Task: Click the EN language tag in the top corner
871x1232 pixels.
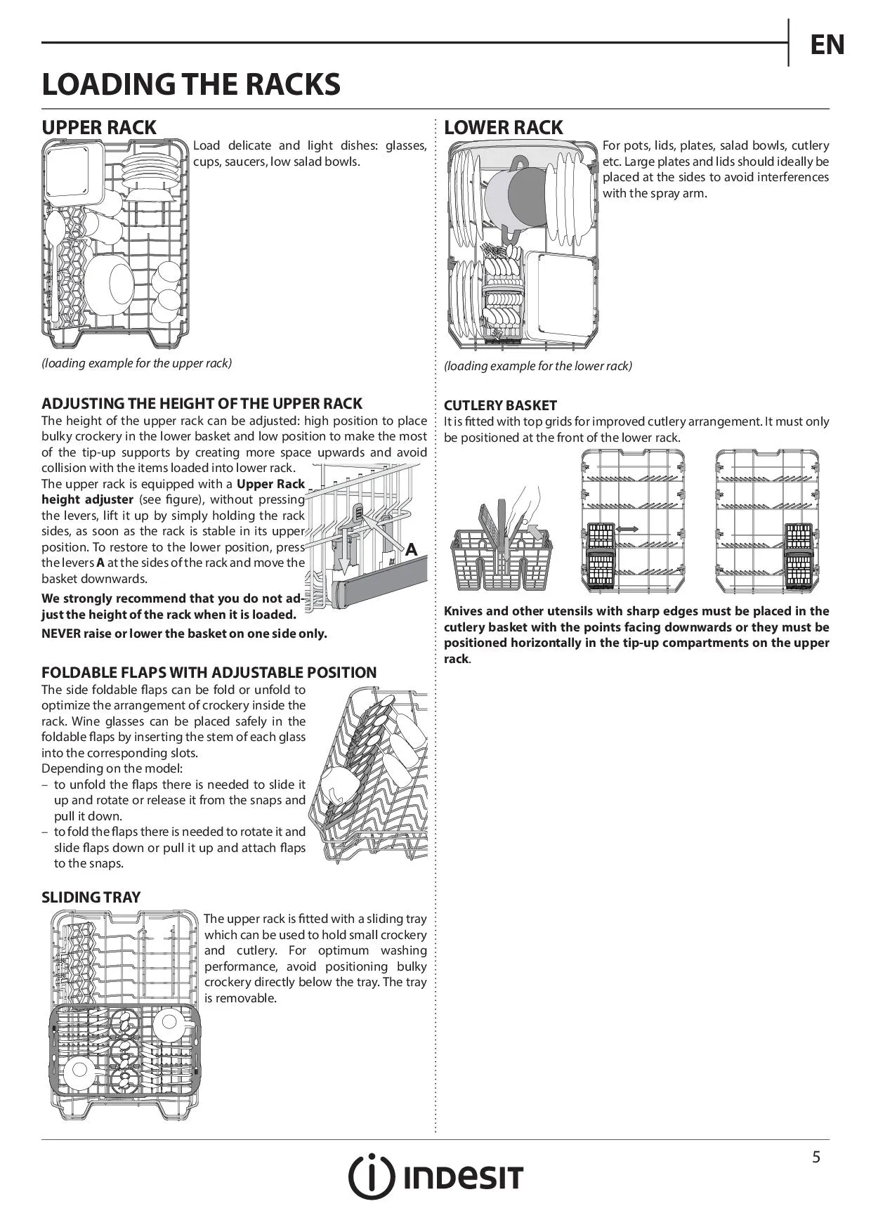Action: (x=827, y=45)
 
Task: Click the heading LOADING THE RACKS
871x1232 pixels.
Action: (x=191, y=85)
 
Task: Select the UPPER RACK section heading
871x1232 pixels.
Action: (x=99, y=128)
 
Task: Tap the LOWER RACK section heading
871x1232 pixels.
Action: (x=503, y=128)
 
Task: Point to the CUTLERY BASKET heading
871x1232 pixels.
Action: (x=500, y=405)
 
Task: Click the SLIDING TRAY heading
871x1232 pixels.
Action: (x=91, y=897)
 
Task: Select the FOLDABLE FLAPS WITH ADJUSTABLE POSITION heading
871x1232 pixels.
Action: (x=209, y=672)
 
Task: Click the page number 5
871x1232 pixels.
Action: (x=816, y=1157)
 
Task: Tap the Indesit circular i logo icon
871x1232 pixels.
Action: (x=372, y=1177)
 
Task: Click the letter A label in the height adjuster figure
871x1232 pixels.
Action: (x=412, y=550)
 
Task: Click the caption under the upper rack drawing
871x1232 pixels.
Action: (x=136, y=363)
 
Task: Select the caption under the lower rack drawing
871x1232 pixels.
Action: (x=537, y=366)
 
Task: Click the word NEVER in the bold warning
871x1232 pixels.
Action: (x=61, y=634)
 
